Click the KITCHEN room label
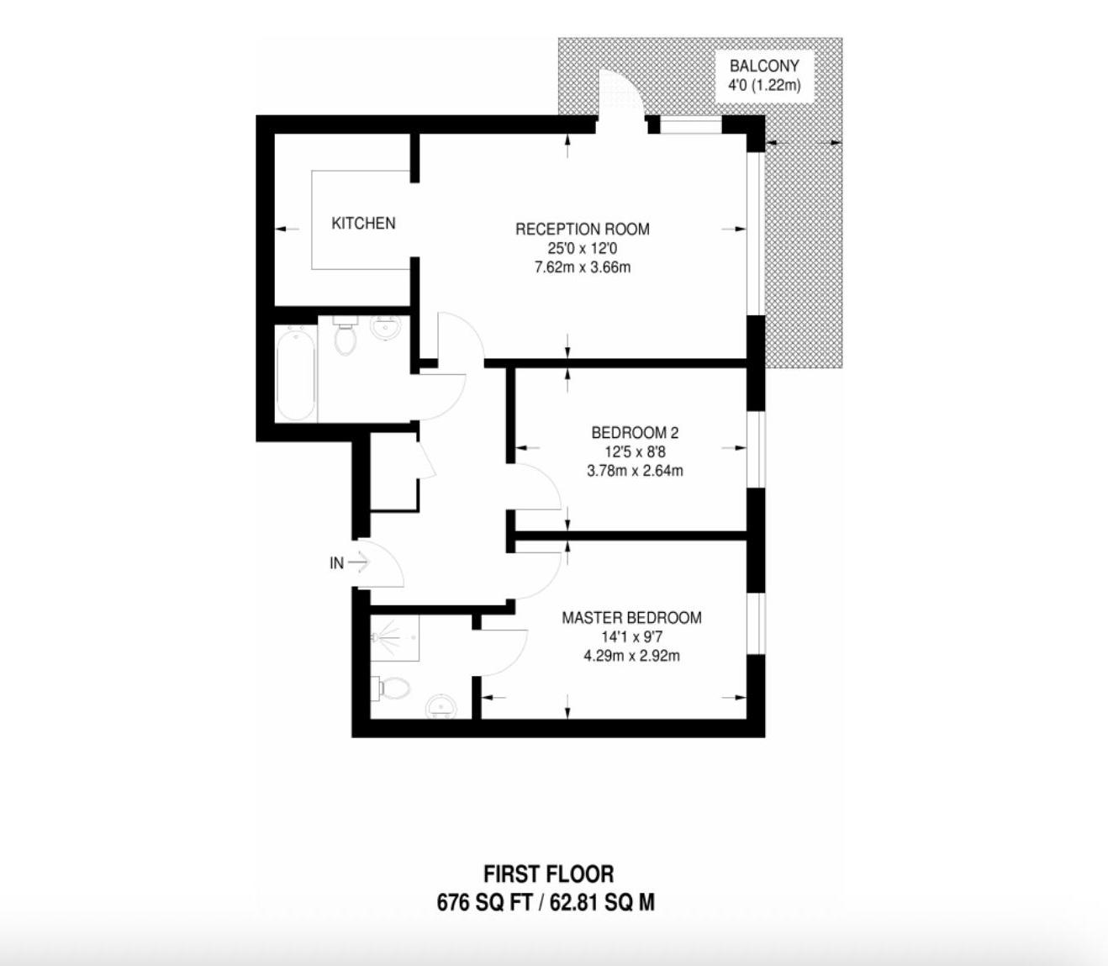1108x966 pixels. [x=363, y=223]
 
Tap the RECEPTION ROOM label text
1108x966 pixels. [x=582, y=229]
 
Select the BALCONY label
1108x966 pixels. [x=764, y=66]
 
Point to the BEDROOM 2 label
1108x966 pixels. [x=635, y=433]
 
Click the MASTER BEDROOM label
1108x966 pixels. [x=631, y=618]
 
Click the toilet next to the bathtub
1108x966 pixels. [x=345, y=335]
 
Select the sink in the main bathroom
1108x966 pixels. [x=386, y=328]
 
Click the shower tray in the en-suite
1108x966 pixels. [x=395, y=638]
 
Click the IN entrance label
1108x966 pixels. [x=336, y=563]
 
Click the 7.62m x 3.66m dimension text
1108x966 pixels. [x=582, y=267]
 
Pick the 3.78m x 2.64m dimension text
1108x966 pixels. [x=635, y=471]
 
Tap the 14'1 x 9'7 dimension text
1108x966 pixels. [x=631, y=636]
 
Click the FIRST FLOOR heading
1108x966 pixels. [x=549, y=874]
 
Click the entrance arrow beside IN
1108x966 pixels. [x=358, y=563]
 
